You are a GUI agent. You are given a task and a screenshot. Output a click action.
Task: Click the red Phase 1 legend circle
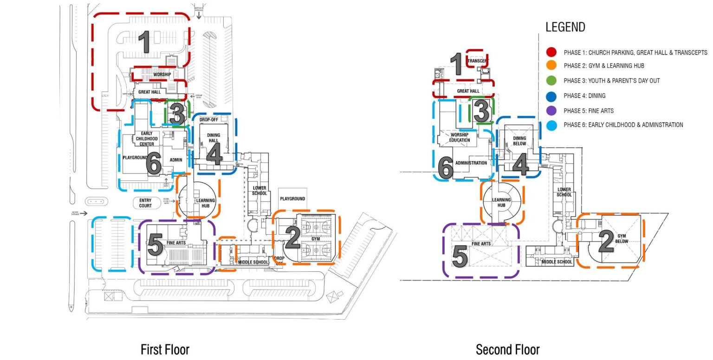pos(551,52)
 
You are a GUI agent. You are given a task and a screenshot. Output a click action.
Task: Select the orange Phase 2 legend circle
pos(551,65)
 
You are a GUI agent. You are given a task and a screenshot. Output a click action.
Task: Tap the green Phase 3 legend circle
pos(551,80)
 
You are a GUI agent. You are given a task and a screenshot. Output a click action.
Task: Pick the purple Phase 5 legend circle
pos(551,110)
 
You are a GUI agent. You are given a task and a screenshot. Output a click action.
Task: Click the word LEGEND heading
pos(565,27)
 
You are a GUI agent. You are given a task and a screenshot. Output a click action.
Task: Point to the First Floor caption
pos(165,349)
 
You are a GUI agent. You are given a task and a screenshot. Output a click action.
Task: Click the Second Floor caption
pos(507,349)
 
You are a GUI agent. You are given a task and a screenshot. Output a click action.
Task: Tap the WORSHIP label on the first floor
pos(162,75)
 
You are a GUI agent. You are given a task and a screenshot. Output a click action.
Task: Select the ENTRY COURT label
pos(145,203)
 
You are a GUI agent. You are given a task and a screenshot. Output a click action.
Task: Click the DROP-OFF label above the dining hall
pos(208,120)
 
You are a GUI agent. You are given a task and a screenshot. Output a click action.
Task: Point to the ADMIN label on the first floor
pos(176,160)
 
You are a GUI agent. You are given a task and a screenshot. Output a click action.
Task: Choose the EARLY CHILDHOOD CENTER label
pos(147,139)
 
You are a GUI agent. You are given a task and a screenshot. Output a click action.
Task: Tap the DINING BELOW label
pos(519,141)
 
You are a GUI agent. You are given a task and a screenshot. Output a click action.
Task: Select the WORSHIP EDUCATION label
pos(460,137)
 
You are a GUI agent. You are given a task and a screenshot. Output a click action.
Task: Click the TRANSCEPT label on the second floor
pos(477,61)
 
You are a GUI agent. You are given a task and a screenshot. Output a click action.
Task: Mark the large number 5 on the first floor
pos(155,246)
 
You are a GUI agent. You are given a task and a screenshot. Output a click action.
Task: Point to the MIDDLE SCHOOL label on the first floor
pos(253,262)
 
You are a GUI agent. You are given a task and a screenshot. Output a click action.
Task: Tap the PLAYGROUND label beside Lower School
pos(292,199)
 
